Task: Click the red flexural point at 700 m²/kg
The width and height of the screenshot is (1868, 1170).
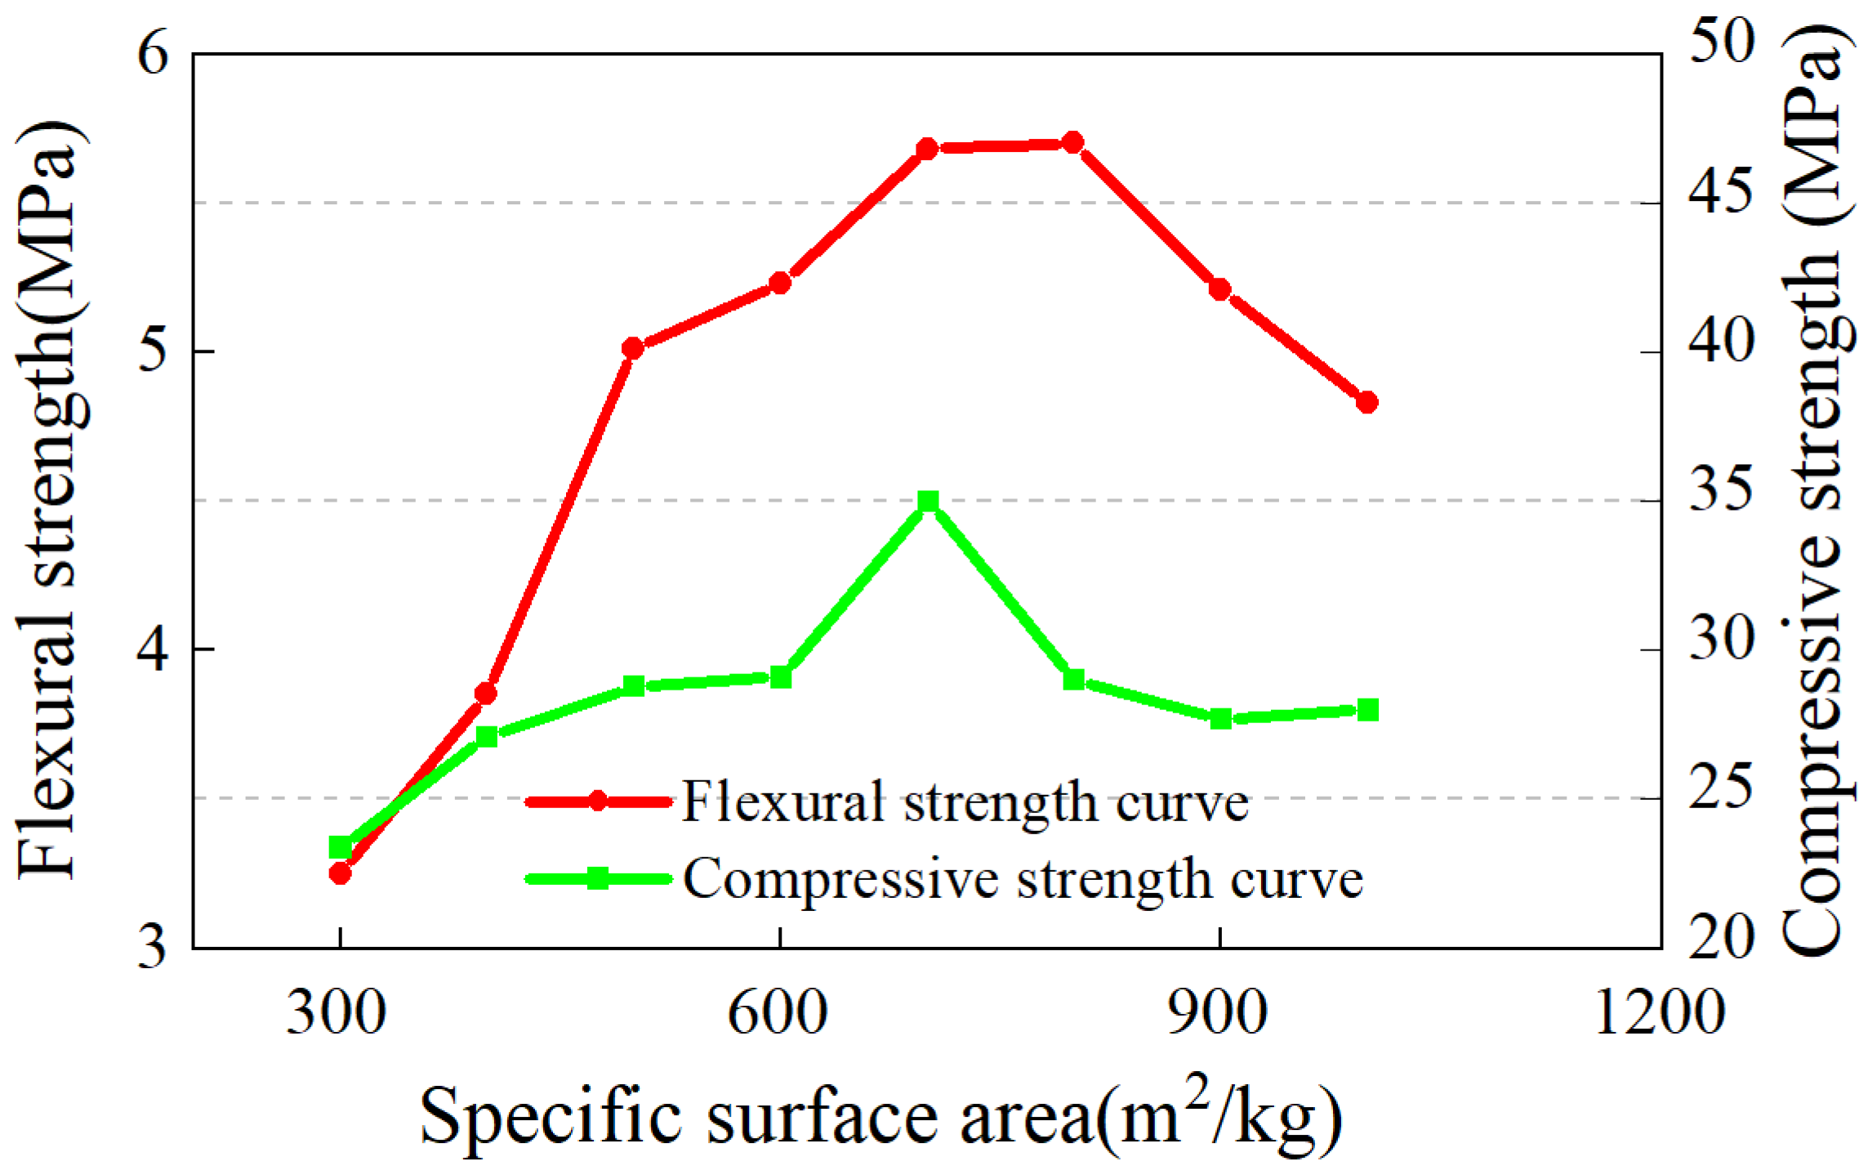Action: (x=926, y=149)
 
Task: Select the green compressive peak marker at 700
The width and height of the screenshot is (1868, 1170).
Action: (x=927, y=501)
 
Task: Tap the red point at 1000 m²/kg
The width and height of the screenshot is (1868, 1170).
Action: (x=1366, y=402)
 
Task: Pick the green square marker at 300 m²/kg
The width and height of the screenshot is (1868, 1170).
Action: (x=340, y=847)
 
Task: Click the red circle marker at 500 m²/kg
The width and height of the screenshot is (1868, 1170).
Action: (x=632, y=348)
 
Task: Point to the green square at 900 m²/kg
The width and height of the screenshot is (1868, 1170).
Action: (x=1220, y=719)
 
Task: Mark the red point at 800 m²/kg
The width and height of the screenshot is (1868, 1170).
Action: (x=1073, y=143)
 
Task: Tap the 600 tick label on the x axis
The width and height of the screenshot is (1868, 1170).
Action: (x=778, y=1013)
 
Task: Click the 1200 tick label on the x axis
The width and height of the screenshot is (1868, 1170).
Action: (x=1659, y=1013)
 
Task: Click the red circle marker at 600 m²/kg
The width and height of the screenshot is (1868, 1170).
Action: (x=780, y=283)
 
